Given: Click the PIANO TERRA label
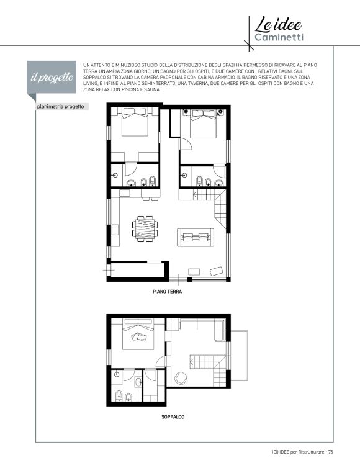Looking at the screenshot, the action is (167, 292).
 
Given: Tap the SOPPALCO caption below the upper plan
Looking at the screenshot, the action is (173, 417).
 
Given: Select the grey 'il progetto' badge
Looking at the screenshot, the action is (52, 77).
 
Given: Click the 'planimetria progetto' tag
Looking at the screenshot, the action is (60, 107).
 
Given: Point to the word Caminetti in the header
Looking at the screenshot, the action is (279, 37).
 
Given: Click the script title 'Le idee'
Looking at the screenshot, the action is (278, 24).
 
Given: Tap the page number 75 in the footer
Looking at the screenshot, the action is (330, 452).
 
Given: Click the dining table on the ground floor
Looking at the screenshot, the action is (145, 228).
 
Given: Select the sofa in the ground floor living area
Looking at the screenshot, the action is (196, 238).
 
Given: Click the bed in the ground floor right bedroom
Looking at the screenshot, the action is (203, 124).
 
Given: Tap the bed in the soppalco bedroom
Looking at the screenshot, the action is (138, 335).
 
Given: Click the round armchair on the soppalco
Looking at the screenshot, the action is (181, 378).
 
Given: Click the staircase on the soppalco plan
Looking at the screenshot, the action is (209, 369).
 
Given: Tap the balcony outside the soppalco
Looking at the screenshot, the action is (240, 356).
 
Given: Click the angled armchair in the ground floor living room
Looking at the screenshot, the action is (217, 271).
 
